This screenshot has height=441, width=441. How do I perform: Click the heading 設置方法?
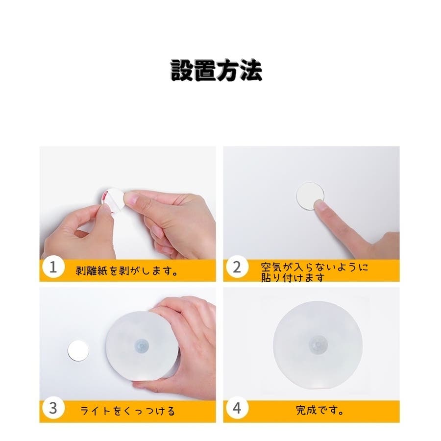click(216, 70)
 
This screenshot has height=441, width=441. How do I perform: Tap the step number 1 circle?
click(53, 267)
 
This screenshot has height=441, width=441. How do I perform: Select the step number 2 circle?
click(237, 267)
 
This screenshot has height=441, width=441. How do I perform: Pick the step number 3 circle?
click(53, 408)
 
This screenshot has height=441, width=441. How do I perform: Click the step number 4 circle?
click(237, 408)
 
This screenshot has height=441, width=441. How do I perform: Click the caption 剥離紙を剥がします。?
click(127, 270)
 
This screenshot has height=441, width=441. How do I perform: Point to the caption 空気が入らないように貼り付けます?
click(314, 271)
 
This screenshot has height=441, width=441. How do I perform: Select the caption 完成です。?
click(319, 410)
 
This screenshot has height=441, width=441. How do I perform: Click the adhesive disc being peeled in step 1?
click(113, 200)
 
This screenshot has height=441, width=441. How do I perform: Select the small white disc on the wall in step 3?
click(78, 351)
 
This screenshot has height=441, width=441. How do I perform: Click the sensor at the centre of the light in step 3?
click(142, 345)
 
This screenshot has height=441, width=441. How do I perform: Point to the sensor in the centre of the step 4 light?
click(318, 345)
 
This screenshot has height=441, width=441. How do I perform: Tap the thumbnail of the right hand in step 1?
click(129, 198)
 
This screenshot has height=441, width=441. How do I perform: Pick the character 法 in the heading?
click(251, 70)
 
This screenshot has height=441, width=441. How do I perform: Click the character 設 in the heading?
click(182, 70)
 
